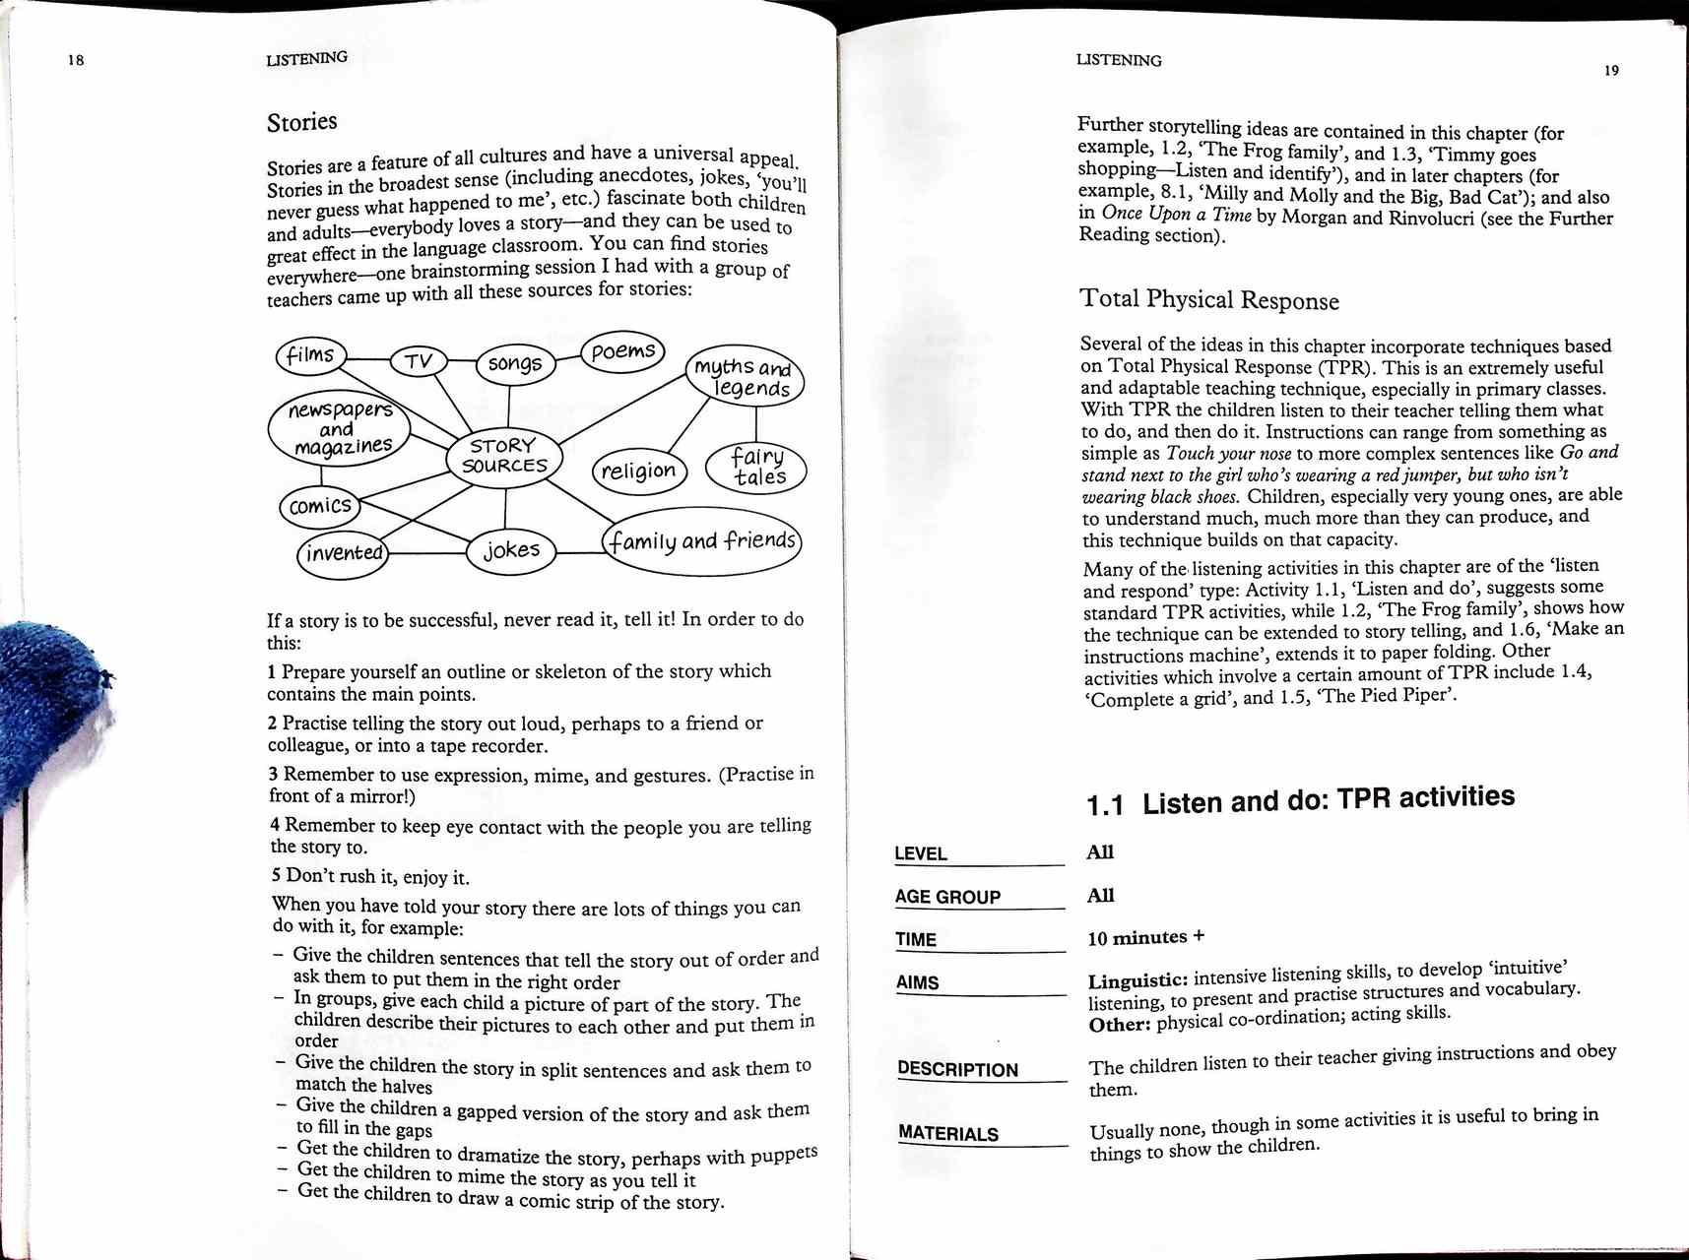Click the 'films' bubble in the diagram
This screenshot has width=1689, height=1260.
click(x=311, y=355)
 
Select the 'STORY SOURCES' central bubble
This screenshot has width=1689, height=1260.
click(x=504, y=457)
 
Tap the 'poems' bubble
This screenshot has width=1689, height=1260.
click(x=623, y=351)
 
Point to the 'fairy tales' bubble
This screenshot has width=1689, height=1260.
click(x=757, y=468)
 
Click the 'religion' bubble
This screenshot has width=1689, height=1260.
click(x=638, y=471)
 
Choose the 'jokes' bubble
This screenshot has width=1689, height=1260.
click(x=511, y=550)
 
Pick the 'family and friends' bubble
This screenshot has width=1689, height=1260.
click(x=701, y=541)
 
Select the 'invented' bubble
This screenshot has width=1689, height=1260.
click(x=343, y=552)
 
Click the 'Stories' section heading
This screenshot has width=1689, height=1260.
click(x=302, y=122)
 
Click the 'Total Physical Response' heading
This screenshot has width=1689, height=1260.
click(x=1208, y=299)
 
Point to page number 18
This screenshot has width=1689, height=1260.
click(x=76, y=60)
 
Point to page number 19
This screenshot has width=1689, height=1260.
click(x=1610, y=70)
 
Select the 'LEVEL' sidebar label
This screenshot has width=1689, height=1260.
click(x=921, y=853)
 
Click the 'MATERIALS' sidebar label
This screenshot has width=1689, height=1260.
click(x=947, y=1133)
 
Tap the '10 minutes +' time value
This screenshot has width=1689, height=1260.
click(x=1145, y=938)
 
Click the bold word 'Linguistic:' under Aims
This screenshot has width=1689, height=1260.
click(x=1137, y=981)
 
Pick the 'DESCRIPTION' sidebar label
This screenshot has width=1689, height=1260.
click(x=957, y=1069)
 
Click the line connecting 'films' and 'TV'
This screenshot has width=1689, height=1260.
click(x=368, y=360)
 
